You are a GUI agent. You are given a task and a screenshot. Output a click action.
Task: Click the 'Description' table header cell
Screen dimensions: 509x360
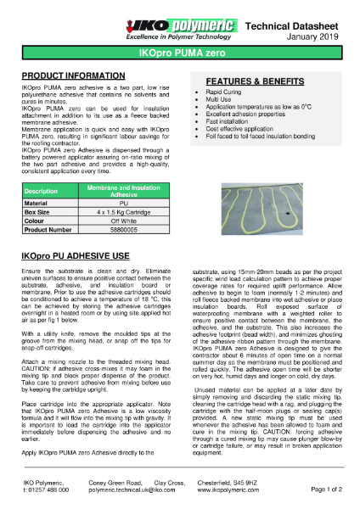tap(41, 192)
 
